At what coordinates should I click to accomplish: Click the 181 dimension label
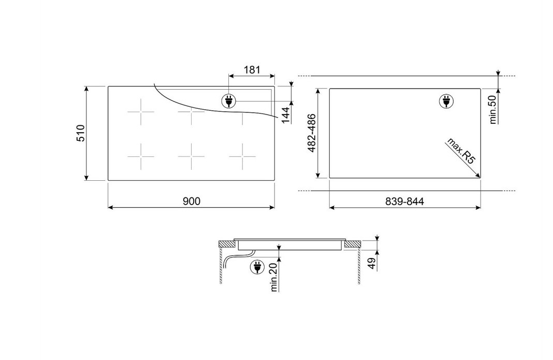(252, 70)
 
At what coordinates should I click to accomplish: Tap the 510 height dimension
(81, 133)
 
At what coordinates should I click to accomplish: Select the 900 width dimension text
(192, 201)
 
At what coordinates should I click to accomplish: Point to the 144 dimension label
(285, 116)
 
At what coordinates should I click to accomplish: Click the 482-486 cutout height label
(312, 133)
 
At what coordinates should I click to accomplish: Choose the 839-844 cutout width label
(404, 201)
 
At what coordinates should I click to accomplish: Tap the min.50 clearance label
(493, 109)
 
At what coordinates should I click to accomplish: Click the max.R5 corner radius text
(461, 151)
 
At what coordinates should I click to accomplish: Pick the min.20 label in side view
(274, 278)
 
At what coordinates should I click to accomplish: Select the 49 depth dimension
(371, 263)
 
